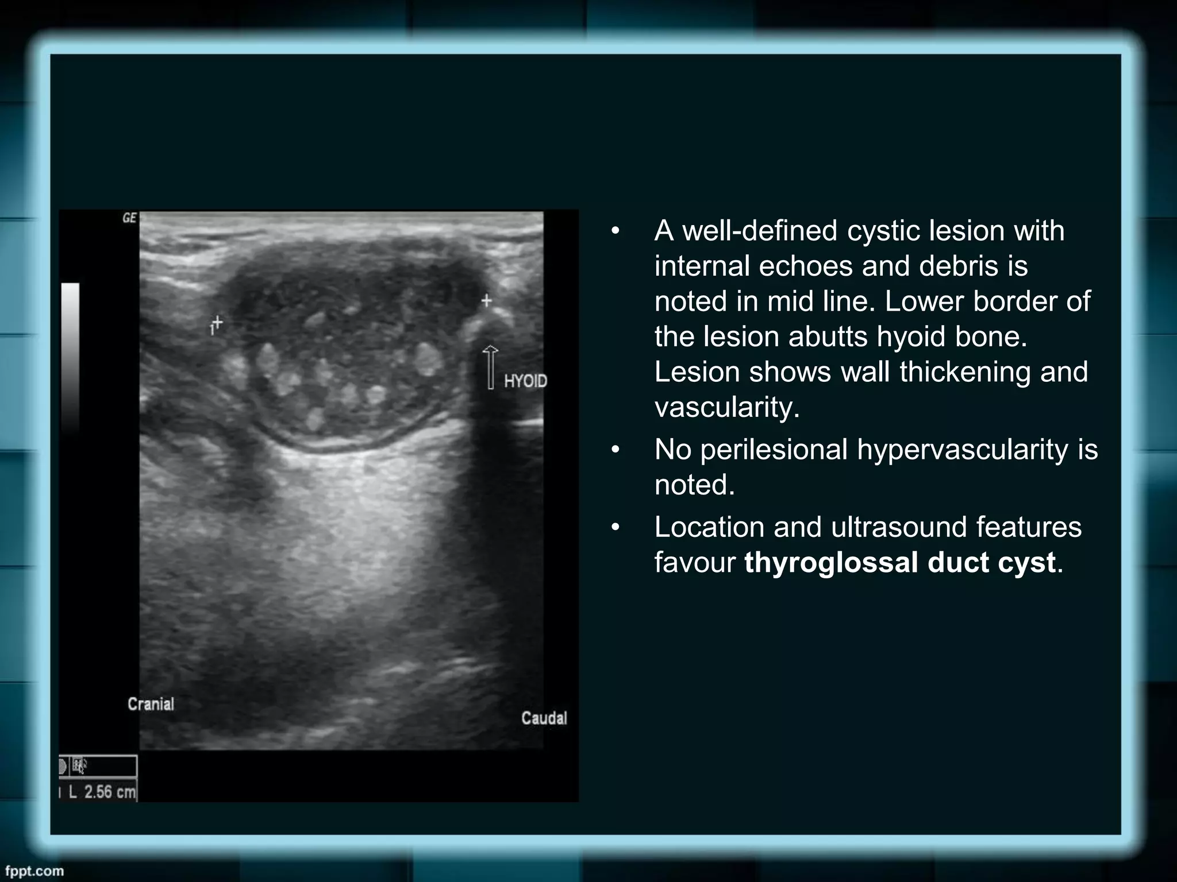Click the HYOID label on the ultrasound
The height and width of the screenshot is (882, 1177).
coord(525,381)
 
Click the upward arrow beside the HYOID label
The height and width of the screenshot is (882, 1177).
coord(490,367)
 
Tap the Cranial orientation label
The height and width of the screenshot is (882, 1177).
coord(151,704)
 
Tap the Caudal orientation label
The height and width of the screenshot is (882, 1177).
coord(544,718)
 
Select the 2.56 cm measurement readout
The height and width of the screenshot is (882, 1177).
coord(102,792)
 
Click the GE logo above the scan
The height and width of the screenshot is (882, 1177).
coord(129,218)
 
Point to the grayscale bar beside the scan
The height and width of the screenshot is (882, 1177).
coord(70,356)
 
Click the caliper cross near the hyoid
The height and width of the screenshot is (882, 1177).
coord(487,300)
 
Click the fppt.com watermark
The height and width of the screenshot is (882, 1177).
coord(34,871)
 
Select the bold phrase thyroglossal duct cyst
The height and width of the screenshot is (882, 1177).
coord(899,562)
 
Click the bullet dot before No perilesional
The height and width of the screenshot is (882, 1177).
coord(616,450)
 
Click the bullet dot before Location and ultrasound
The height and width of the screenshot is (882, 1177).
coord(616,527)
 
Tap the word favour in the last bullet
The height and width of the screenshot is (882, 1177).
coord(694,562)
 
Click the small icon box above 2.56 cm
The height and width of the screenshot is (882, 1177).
coord(98,766)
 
